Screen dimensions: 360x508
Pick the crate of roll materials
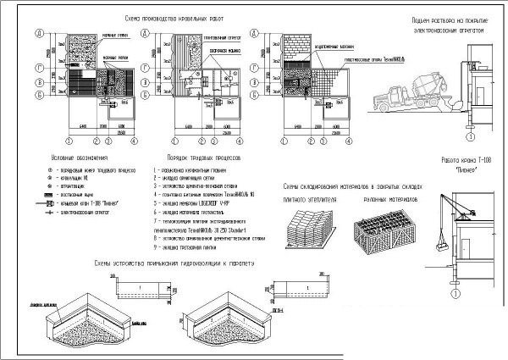385,224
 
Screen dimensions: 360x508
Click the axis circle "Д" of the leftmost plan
39,33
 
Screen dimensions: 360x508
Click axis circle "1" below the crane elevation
454,293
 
